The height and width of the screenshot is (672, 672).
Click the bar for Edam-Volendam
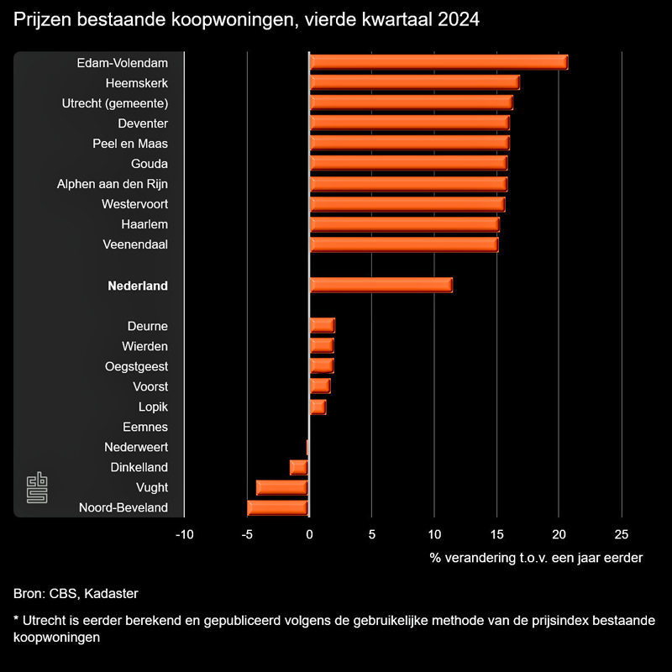[x=438, y=62]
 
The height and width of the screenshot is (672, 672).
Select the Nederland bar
[x=381, y=286]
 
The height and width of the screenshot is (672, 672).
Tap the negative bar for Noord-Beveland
[x=278, y=507]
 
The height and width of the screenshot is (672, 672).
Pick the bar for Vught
[x=282, y=487]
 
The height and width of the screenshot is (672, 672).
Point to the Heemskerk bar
[x=414, y=82]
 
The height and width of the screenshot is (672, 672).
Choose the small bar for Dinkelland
[x=299, y=467]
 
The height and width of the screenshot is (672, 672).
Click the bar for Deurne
[x=322, y=326]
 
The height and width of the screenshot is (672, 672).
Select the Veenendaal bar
[x=403, y=244]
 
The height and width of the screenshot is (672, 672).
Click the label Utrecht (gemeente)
[x=115, y=103]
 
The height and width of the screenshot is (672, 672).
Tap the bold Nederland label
[x=138, y=286]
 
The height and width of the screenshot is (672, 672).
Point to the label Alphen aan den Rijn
[x=112, y=184]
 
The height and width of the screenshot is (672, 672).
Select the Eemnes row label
[x=145, y=427]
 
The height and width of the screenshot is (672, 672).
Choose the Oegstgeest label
[x=136, y=366]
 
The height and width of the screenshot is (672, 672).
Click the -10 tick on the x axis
[x=184, y=534]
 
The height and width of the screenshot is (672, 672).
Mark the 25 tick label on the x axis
[x=621, y=534]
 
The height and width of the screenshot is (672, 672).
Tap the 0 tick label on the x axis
[x=309, y=534]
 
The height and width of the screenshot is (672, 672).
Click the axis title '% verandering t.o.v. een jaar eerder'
[x=536, y=558]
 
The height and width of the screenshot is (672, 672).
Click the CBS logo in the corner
[x=37, y=490]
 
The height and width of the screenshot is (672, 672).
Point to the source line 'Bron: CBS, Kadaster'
[x=76, y=594]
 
